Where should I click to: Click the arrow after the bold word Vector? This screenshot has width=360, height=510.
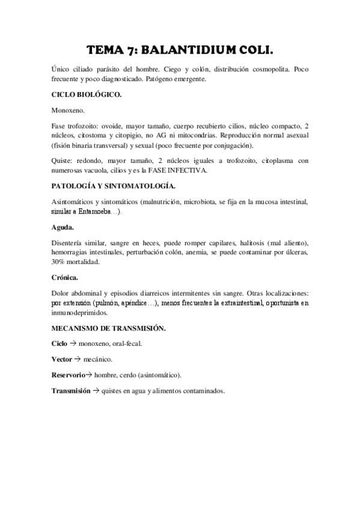77,359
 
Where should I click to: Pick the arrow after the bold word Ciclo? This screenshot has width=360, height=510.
73,344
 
